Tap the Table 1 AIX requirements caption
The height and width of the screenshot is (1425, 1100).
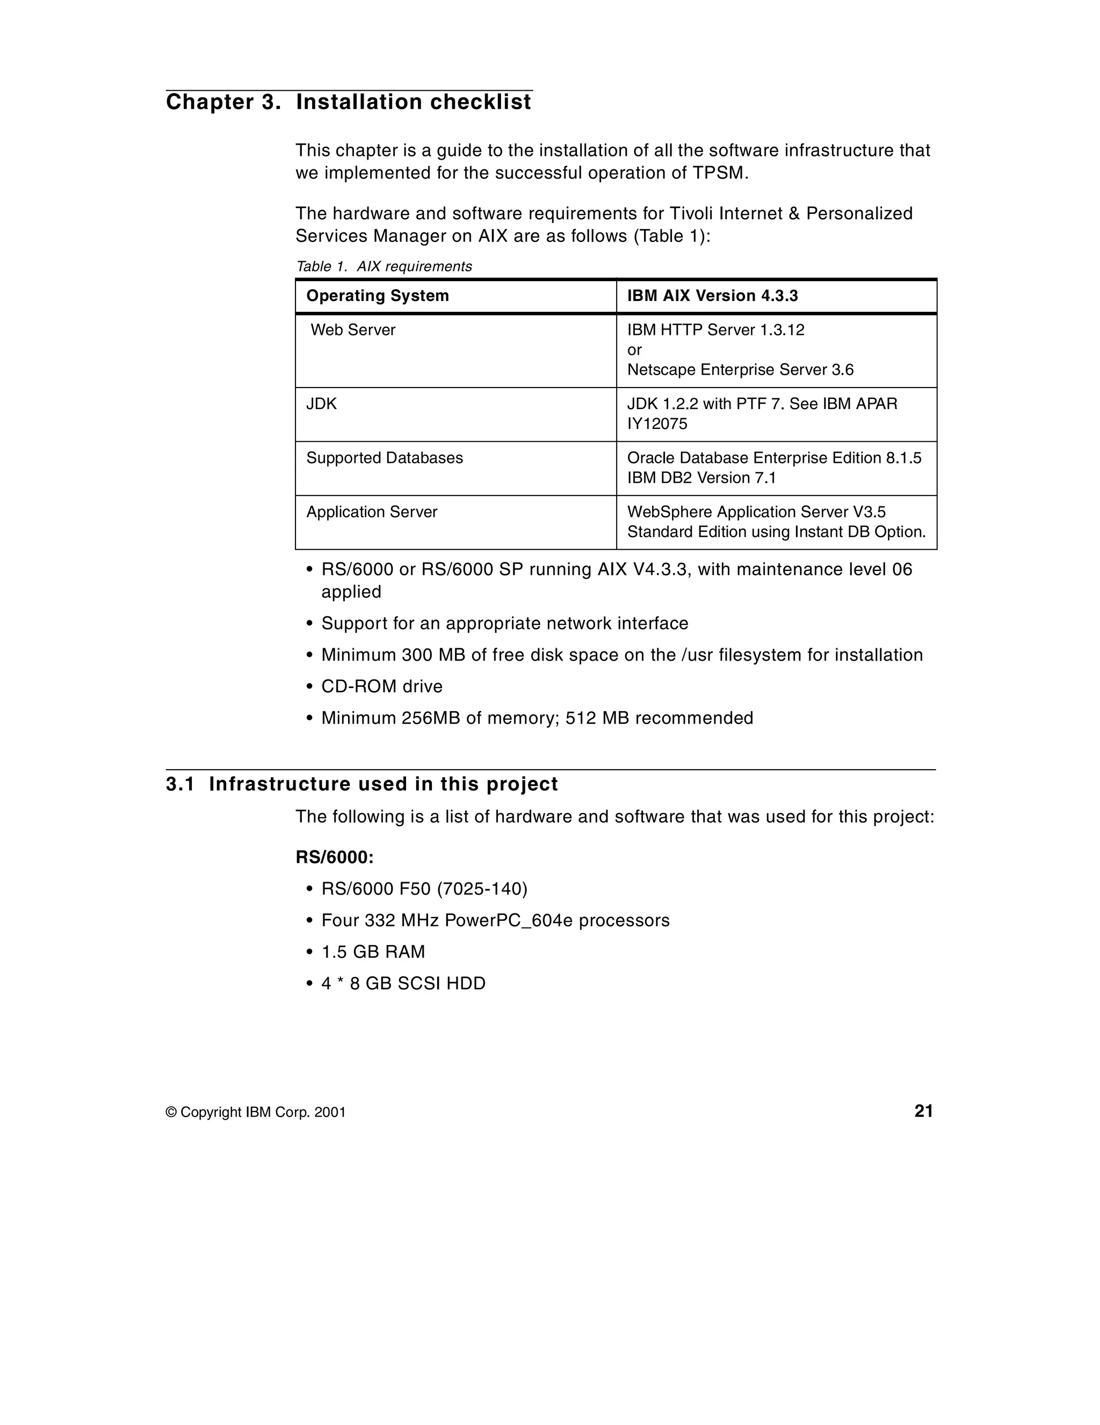coord(383,266)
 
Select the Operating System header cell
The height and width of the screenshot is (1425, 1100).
coord(378,296)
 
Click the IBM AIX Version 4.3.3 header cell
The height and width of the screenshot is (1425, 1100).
coord(712,296)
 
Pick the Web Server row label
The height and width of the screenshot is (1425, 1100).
coord(353,330)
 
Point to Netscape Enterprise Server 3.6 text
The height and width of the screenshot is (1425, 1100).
coord(740,370)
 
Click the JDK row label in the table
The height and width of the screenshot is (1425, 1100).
coord(321,404)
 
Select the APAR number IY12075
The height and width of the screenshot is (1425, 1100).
coord(657,424)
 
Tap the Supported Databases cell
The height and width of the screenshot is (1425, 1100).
coord(384,458)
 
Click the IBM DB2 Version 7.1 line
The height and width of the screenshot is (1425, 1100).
coord(701,478)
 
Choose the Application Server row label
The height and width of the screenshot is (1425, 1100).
coord(372,512)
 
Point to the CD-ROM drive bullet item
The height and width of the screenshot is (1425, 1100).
coord(381,686)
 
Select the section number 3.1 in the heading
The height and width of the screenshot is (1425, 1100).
coord(180,784)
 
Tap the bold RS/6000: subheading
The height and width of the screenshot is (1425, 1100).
coord(335,857)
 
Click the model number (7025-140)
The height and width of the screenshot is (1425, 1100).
coord(482,889)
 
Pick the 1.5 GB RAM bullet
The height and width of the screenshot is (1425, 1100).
coord(373,952)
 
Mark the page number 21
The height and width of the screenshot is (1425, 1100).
coord(923,1111)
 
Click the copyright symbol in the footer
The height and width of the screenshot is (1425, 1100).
coord(171,1113)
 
